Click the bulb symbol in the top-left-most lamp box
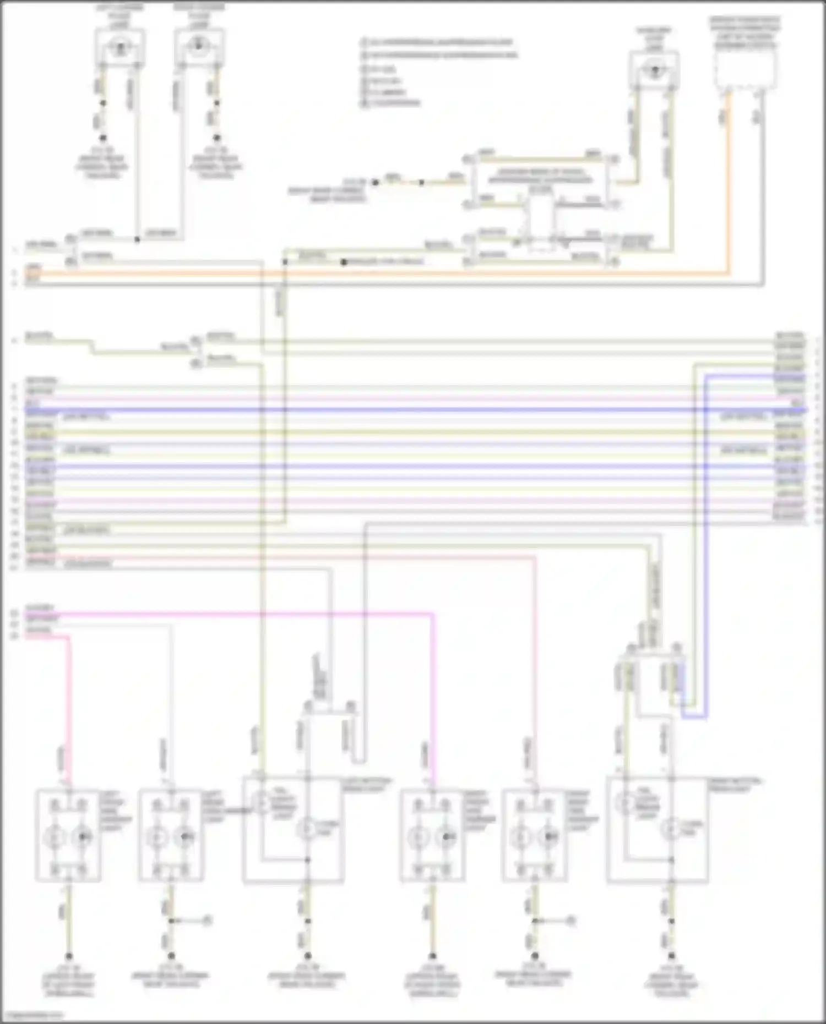119,47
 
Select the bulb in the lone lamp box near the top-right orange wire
654,70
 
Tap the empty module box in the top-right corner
746,69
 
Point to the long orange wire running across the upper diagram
385,272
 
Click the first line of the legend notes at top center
438,42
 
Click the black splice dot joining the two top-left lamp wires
137,239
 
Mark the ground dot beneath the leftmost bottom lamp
69,956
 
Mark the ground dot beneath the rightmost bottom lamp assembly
671,956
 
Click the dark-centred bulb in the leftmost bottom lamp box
83,837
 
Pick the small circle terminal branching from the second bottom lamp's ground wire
208,919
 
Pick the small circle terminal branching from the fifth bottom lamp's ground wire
571,919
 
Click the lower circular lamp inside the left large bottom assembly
307,827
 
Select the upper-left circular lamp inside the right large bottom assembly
626,804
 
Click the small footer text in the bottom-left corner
33,1015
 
